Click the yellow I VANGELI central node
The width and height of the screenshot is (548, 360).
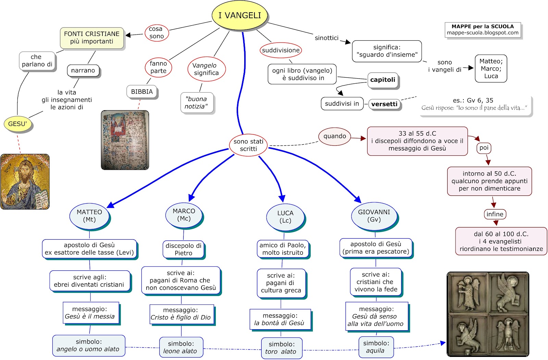pyautogui.click(x=239, y=15)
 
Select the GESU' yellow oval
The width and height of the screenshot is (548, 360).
pyautogui.click(x=17, y=124)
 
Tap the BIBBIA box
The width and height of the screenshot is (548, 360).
pyautogui.click(x=142, y=92)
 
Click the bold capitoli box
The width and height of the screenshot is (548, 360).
pyautogui.click(x=383, y=80)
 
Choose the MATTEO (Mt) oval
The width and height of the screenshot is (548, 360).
pyautogui.click(x=89, y=216)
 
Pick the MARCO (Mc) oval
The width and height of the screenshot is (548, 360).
pyautogui.click(x=184, y=215)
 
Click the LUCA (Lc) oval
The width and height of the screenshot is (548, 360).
pyautogui.click(x=285, y=217)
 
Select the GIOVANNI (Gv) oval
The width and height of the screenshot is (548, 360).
pyautogui.click(x=374, y=216)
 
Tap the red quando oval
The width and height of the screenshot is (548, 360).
pyautogui.click(x=335, y=136)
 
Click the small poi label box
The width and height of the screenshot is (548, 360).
pyautogui.click(x=484, y=148)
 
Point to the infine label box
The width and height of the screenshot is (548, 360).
pyautogui.click(x=495, y=214)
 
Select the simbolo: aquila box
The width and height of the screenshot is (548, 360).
pyautogui.click(x=376, y=347)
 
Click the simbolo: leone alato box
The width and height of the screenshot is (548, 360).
pyautogui.click(x=181, y=347)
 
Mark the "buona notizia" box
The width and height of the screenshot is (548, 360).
pyautogui.click(x=197, y=103)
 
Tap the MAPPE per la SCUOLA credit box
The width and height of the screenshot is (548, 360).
pyautogui.click(x=483, y=30)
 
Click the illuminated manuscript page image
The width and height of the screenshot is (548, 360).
pyautogui.click(x=125, y=140)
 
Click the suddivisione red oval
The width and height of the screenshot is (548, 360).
pyautogui.click(x=281, y=50)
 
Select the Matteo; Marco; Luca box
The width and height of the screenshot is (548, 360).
pyautogui.click(x=491, y=68)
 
